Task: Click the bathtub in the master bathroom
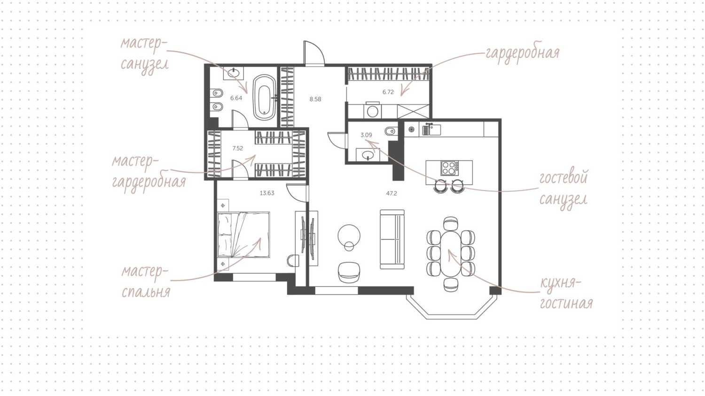coord(266,97)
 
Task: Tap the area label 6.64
coord(236,98)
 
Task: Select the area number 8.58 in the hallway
coord(315,99)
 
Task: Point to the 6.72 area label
coord(388,92)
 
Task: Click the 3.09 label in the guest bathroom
coord(366,135)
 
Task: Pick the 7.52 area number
coord(238,148)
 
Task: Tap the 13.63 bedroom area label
coord(267,193)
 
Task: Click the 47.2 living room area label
coord(392,193)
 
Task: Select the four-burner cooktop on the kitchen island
coord(450,168)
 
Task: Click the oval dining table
coord(451,253)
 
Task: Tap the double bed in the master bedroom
coord(243,235)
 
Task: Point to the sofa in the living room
coord(392,239)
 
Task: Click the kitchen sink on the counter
coord(431,130)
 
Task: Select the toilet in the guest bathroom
coord(392,130)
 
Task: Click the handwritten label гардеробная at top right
coord(523,54)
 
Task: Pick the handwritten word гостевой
coord(564,178)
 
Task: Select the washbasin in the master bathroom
coord(233,73)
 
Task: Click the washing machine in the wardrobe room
coord(373,111)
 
